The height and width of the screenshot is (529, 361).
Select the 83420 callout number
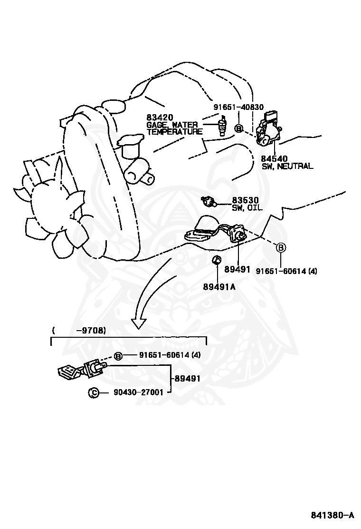pyautogui.click(x=160, y=118)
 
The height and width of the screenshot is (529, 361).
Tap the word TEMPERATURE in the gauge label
pyautogui.click(x=174, y=132)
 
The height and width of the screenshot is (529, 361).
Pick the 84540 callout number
pyautogui.click(x=274, y=158)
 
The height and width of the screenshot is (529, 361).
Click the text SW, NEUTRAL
pyautogui.click(x=287, y=166)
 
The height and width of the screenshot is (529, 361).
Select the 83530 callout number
pyautogui.click(x=245, y=200)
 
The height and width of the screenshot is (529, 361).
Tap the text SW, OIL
pyautogui.click(x=247, y=208)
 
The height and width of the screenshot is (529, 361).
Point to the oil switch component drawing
pyautogui.click(x=208, y=201)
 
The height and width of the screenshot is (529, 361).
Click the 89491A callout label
pyautogui.click(x=219, y=286)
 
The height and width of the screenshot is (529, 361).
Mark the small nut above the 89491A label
pyautogui.click(x=216, y=259)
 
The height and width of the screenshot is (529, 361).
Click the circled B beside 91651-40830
pyautogui.click(x=239, y=128)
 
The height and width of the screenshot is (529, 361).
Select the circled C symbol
pyautogui.click(x=94, y=392)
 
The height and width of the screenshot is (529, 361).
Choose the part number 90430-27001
pyautogui.click(x=139, y=392)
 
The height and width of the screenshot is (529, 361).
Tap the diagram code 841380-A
pyautogui.click(x=332, y=515)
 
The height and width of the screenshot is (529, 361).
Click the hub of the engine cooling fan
pyautogui.click(x=57, y=205)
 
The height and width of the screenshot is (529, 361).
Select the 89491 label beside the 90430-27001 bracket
pyautogui.click(x=187, y=379)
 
